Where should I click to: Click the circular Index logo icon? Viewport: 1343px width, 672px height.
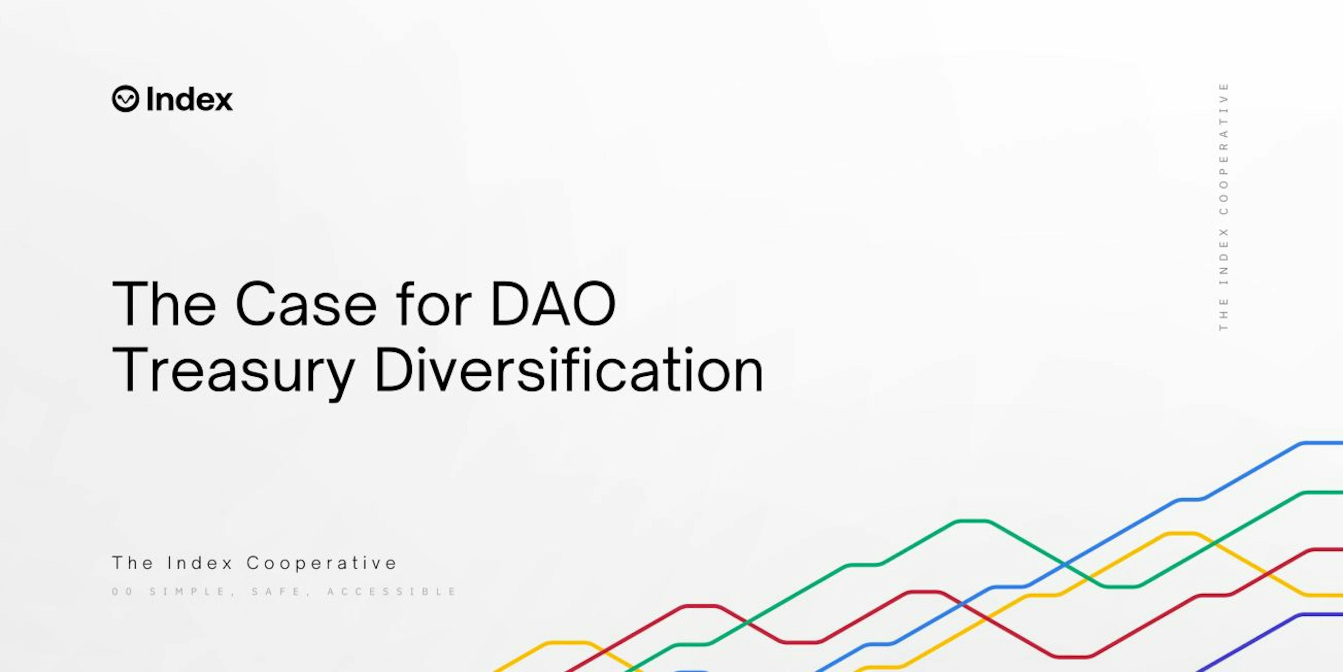(125, 99)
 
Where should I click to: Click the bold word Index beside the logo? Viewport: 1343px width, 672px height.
(189, 99)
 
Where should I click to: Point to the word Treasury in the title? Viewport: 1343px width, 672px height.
(233, 370)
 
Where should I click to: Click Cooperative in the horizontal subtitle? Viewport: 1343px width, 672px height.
(322, 563)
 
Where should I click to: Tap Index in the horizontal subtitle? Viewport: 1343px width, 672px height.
(200, 563)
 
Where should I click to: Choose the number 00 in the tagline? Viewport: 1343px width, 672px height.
(123, 592)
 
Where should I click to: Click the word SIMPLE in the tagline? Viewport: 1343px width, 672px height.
(188, 592)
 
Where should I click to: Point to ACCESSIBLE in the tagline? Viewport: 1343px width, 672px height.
(392, 592)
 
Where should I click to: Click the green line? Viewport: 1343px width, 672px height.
(918, 542)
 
